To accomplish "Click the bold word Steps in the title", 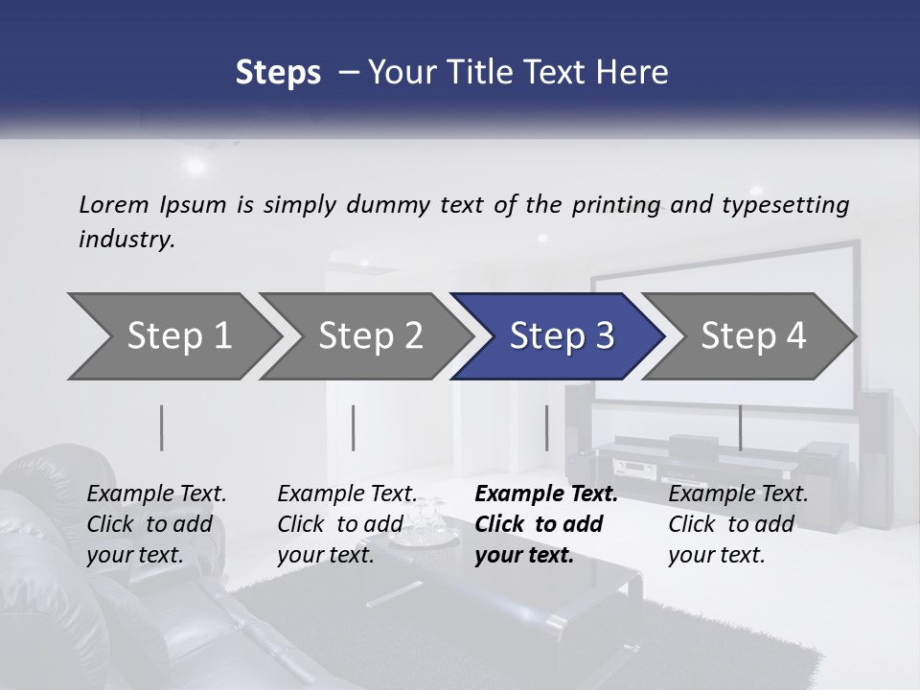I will (x=278, y=73).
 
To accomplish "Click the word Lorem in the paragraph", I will (x=114, y=204).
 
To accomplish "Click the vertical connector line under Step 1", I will (x=162, y=427).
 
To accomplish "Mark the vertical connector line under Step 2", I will (x=354, y=427).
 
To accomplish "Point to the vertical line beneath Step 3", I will (x=546, y=427).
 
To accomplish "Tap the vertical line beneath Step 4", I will (x=740, y=427).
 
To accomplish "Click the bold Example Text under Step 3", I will (x=546, y=494).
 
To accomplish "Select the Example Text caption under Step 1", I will (x=156, y=494).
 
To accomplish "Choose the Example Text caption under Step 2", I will (x=347, y=494).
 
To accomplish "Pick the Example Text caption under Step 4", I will (x=738, y=494).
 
